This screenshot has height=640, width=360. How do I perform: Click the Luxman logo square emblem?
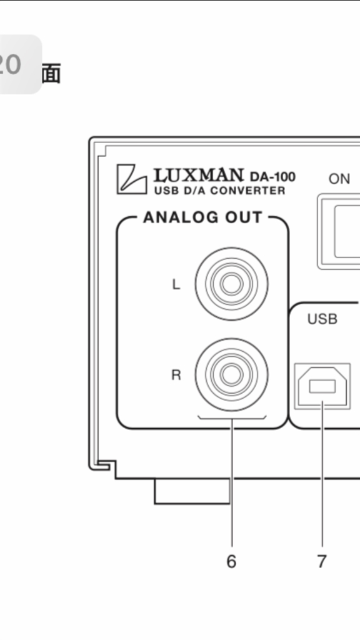131,179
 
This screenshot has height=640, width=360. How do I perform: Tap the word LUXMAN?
199,176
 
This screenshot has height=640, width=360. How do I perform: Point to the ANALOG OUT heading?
202,217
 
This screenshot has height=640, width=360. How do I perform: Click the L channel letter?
176,284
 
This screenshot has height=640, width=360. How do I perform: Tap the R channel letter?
176,375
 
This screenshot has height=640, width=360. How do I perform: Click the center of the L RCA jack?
231,284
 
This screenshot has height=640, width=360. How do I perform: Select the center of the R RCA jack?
231,375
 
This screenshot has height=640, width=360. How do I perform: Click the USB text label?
322,319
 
